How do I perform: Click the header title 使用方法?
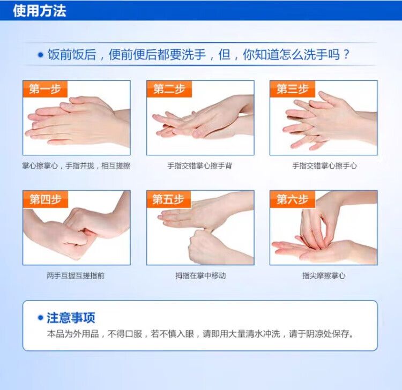click(x=40, y=11)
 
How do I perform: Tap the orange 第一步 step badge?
click(x=45, y=89)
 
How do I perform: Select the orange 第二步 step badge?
click(x=169, y=89)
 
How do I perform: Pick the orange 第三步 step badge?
click(x=293, y=89)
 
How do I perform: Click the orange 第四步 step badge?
click(x=46, y=199)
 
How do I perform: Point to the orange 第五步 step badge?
click(x=169, y=199)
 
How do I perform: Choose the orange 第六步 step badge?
click(x=293, y=199)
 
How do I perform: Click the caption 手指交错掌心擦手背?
click(x=200, y=166)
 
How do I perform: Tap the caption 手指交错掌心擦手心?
click(x=324, y=166)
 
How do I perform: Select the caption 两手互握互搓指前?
click(x=76, y=276)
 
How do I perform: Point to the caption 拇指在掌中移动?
click(x=200, y=276)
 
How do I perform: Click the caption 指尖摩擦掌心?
click(x=324, y=276)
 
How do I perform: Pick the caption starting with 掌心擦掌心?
click(x=76, y=166)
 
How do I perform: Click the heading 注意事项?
click(x=71, y=318)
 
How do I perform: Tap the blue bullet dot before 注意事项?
click(x=41, y=318)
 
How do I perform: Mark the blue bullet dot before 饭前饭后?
click(x=41, y=55)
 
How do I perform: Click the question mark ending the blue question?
click(x=346, y=54)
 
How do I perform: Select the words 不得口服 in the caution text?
click(x=124, y=334)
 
